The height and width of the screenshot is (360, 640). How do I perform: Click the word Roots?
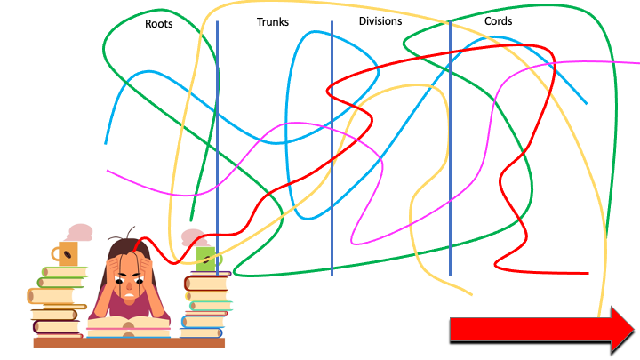(x=159, y=24)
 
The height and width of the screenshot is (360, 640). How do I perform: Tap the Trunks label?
(x=272, y=22)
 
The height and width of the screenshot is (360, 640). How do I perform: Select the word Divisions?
(x=380, y=21)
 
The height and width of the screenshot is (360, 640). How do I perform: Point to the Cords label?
(x=498, y=21)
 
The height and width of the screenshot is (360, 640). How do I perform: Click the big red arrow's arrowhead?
(x=620, y=328)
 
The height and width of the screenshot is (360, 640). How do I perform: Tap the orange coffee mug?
(x=68, y=253)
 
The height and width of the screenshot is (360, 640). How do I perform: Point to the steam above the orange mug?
(x=80, y=232)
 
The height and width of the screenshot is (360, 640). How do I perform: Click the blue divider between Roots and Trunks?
(x=217, y=133)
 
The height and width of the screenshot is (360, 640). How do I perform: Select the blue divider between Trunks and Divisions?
(x=332, y=133)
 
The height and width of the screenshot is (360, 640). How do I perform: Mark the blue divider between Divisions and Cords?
(x=450, y=133)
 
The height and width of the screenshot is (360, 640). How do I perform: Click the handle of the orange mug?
(x=56, y=254)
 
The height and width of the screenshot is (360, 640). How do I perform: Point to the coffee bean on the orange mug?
(x=70, y=254)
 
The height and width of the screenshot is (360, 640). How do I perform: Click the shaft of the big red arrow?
(x=524, y=329)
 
